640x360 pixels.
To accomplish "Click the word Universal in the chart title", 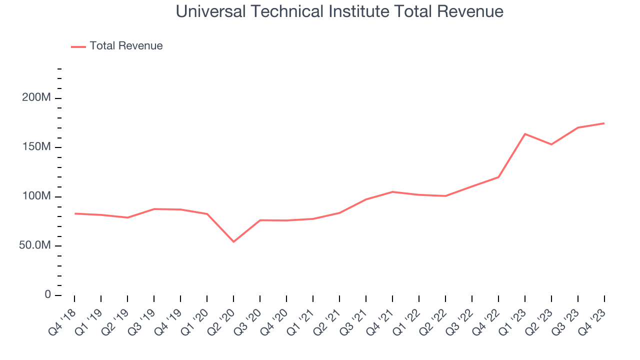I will point(210,11).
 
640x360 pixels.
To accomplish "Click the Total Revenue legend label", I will point(126,46).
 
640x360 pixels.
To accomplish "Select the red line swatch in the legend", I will point(78,46).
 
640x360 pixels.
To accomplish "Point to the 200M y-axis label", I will point(36,97).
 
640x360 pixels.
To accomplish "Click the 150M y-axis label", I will point(36,147).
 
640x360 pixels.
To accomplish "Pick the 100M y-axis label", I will point(36,196).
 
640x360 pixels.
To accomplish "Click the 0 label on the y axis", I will point(47,295).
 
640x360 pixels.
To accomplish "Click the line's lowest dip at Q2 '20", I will point(233,241).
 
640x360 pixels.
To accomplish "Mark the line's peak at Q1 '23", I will point(525,134).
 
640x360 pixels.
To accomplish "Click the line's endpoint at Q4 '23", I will point(604,123).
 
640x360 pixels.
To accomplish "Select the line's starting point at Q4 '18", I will point(75,213).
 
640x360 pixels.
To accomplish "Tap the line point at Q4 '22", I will point(498,177).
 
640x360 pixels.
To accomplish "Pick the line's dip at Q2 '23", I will point(551,144).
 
